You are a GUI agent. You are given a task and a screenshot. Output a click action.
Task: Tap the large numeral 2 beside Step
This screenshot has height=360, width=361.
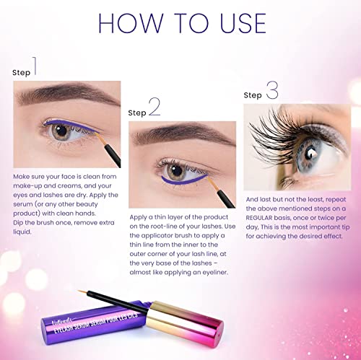[154, 109]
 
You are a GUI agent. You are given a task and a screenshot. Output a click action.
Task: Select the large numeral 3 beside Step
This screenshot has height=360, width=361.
[271, 91]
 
